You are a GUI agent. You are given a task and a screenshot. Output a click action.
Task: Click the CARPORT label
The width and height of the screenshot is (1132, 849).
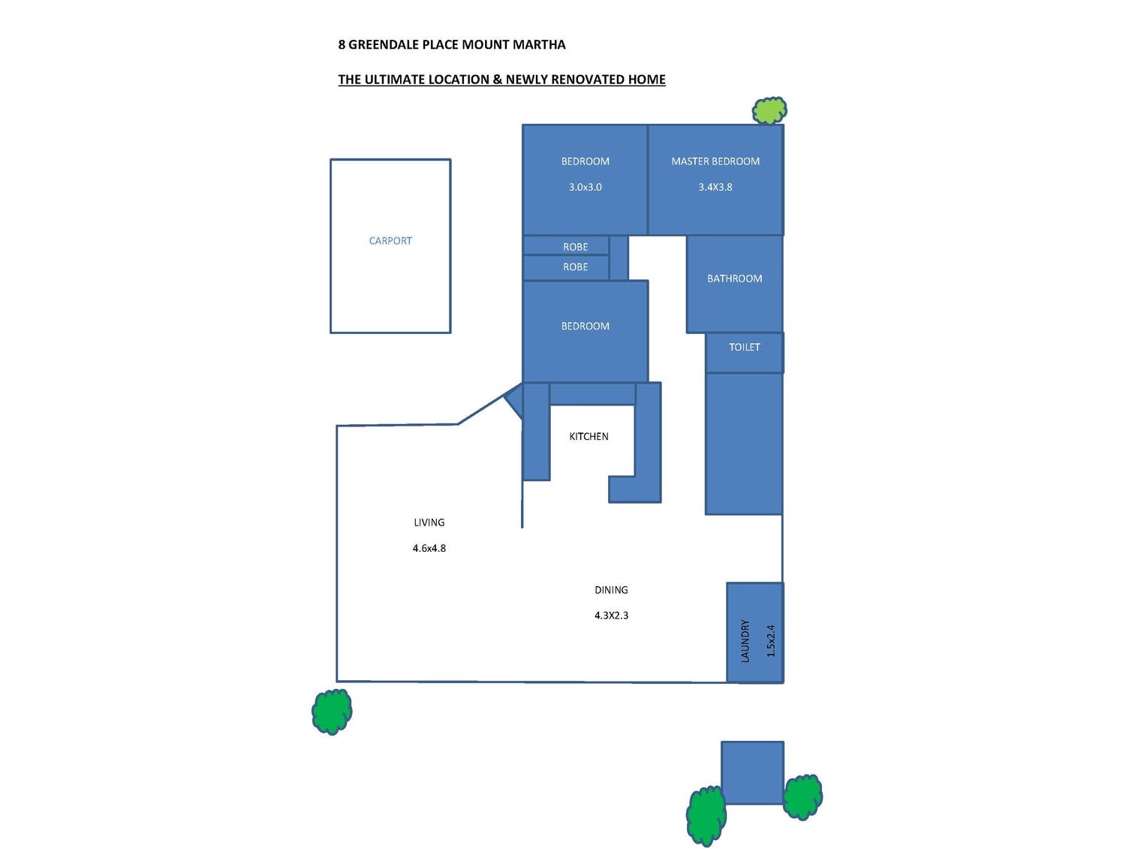pos(390,241)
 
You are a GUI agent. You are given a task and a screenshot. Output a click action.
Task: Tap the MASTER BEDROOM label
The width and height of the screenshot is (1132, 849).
pos(715,161)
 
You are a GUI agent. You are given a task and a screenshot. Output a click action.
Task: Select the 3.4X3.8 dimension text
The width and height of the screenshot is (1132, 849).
pos(715,187)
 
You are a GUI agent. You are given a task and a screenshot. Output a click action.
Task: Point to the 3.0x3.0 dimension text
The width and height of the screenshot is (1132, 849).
pos(586,187)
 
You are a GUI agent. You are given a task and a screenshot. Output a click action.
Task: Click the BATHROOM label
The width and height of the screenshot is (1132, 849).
pos(734,278)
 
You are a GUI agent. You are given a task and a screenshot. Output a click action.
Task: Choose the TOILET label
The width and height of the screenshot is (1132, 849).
pos(745,347)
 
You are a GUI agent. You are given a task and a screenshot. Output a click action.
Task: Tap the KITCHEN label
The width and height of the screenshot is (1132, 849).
pos(589,436)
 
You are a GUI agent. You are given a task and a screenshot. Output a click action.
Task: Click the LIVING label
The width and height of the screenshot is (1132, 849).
pos(429,522)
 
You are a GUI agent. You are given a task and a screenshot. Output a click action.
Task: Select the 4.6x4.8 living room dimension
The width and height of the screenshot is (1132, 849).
pos(429,548)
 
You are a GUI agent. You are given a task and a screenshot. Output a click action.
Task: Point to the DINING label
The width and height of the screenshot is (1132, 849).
pos(611,590)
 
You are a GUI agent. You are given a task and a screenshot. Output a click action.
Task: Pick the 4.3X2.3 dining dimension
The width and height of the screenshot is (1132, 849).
pos(611,616)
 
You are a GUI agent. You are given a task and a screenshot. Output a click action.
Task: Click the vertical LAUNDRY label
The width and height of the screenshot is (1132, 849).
pos(745,640)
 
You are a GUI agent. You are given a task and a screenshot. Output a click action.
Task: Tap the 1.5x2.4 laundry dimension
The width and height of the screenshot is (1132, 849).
pos(771,640)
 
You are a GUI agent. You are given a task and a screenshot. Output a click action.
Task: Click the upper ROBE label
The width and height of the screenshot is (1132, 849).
pos(576,247)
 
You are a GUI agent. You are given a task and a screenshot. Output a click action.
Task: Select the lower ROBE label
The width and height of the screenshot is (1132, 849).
pos(576,267)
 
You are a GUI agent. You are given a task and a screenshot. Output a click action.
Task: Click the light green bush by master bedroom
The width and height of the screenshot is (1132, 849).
pos(769,111)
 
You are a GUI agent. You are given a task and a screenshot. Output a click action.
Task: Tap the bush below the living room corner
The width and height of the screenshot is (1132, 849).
pos(332,711)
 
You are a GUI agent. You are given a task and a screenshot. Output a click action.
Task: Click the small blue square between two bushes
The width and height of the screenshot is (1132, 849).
pos(752,772)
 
